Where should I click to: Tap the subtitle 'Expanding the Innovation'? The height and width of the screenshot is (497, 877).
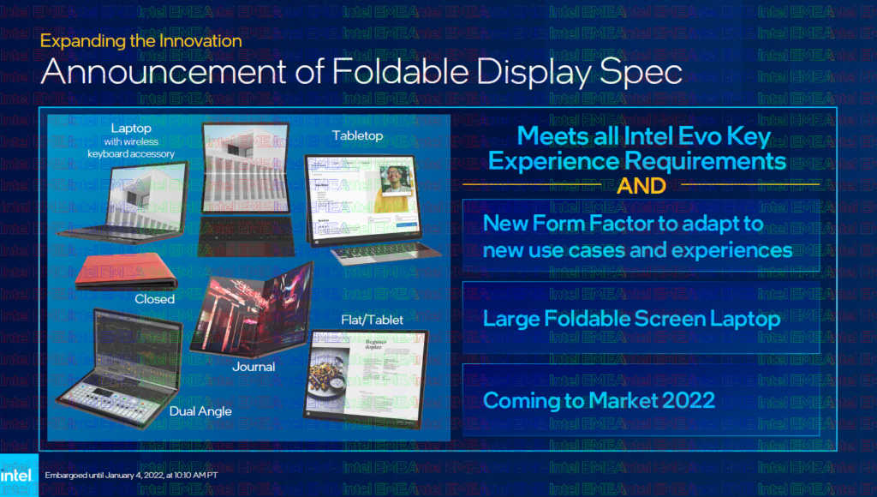[x=141, y=40]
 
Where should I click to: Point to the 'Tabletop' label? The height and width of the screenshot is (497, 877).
[x=357, y=135]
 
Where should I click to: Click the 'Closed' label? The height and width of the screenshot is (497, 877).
[x=154, y=299]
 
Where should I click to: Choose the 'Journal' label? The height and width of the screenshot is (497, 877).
[x=254, y=367]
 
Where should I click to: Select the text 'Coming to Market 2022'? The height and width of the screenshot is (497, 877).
[x=600, y=400]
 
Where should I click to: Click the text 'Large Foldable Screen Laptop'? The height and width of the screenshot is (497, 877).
[x=632, y=320]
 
